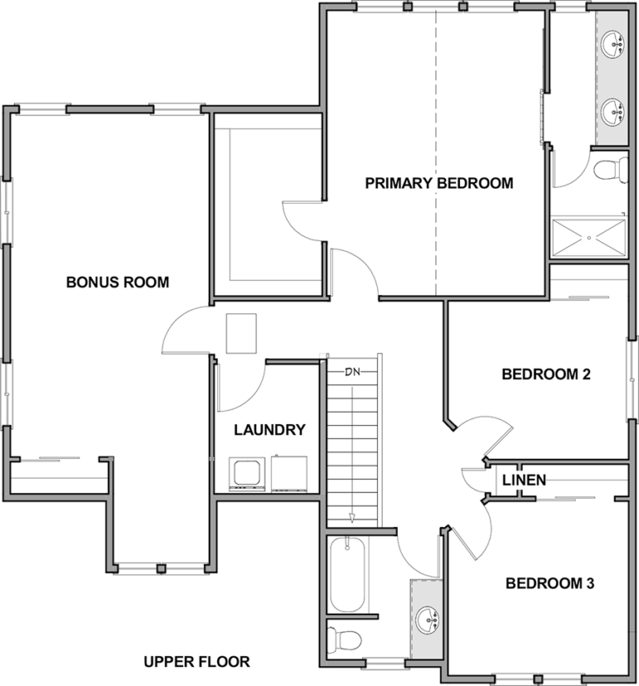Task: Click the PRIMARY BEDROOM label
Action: click(x=439, y=183)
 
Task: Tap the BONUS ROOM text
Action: click(x=118, y=282)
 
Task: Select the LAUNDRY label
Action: click(x=270, y=430)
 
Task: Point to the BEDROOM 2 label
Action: click(x=546, y=374)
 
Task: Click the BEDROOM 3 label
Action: click(x=550, y=583)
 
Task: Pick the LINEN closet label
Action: click(x=524, y=480)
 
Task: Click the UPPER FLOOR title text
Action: click(x=197, y=662)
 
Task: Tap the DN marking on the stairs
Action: click(x=352, y=372)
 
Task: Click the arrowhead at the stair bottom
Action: click(x=352, y=518)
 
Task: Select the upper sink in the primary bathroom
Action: click(x=612, y=44)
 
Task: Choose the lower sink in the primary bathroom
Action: click(x=612, y=112)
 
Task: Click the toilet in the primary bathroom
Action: click(x=611, y=169)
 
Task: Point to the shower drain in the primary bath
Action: click(x=589, y=238)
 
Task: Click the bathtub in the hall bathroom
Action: click(x=348, y=575)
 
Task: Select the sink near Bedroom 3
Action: click(x=427, y=619)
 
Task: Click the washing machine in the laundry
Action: click(x=247, y=474)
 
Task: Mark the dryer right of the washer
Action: click(x=289, y=474)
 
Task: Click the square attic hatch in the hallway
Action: click(x=241, y=333)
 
